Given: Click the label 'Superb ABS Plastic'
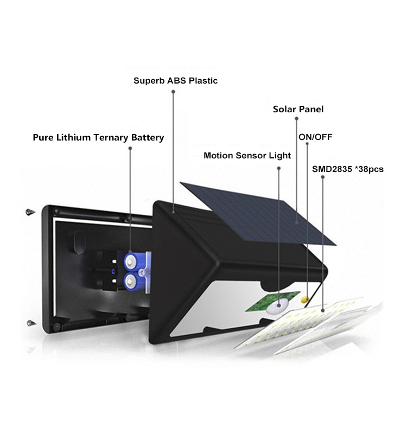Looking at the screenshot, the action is point(175,81).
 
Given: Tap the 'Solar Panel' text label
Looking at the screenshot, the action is point(298,109).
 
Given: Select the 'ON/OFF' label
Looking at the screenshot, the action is point(315,137).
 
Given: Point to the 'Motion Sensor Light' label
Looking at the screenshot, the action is point(247,156).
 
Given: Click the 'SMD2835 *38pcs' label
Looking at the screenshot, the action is point(348,169).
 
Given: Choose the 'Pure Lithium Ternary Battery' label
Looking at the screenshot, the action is point(98,138).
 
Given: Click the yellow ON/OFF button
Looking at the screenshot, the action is point(305,299).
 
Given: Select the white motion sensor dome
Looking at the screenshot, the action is point(277,306).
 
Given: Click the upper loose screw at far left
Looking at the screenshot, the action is point(30,212).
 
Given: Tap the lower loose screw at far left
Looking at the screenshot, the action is point(31,323).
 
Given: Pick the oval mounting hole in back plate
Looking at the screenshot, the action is point(80,242).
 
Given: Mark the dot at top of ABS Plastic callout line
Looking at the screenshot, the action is point(173,92).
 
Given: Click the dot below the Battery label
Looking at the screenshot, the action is point(130,148).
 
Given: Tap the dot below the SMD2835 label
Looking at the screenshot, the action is point(322,177).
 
